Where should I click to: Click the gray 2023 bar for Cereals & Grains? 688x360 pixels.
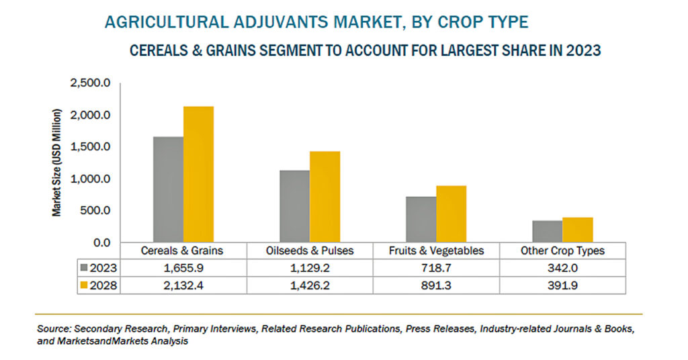coord(168,189)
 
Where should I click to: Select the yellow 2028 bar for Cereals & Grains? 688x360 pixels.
coord(198,175)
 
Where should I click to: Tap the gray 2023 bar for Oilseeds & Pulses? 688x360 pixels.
coord(294,206)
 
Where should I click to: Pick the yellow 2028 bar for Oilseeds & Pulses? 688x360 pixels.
coord(325,197)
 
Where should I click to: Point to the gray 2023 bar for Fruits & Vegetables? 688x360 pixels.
coord(421,220)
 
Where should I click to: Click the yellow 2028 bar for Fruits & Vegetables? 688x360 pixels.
coord(451,214)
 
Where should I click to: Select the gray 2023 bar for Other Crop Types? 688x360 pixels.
coord(547,232)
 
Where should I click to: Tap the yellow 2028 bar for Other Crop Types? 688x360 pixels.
coord(577,230)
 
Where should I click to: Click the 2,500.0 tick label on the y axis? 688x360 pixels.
coord(90,83)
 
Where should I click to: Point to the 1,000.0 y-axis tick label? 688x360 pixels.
coord(90,179)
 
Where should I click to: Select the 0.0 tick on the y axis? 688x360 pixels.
coord(101,242)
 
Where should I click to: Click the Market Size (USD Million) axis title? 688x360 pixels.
coord(56,163)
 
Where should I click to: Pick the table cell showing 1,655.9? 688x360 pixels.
coord(183,268)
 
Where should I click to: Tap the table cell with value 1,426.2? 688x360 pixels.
coord(310,285)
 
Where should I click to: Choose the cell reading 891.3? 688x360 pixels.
coord(436,285)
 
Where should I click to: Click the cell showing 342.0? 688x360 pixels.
coord(562,268)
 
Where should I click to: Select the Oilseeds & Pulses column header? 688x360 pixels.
coord(310,251)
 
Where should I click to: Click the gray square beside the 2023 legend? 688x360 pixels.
coord(84,267)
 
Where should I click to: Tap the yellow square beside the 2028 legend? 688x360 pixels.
coord(84,285)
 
